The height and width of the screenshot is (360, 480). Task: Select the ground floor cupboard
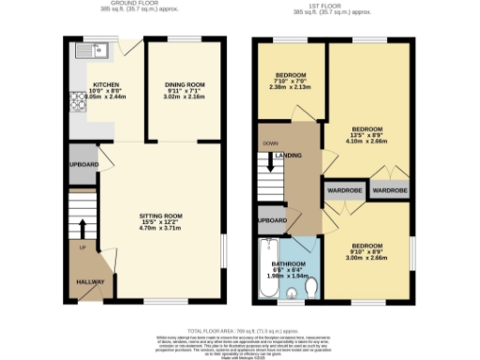tap(82, 164)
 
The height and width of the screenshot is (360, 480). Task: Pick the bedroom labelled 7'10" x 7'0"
tap(291, 80)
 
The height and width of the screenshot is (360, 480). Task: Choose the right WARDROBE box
tap(389, 189)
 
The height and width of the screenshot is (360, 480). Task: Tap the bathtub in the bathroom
tap(265, 270)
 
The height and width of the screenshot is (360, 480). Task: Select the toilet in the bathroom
tap(295, 293)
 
